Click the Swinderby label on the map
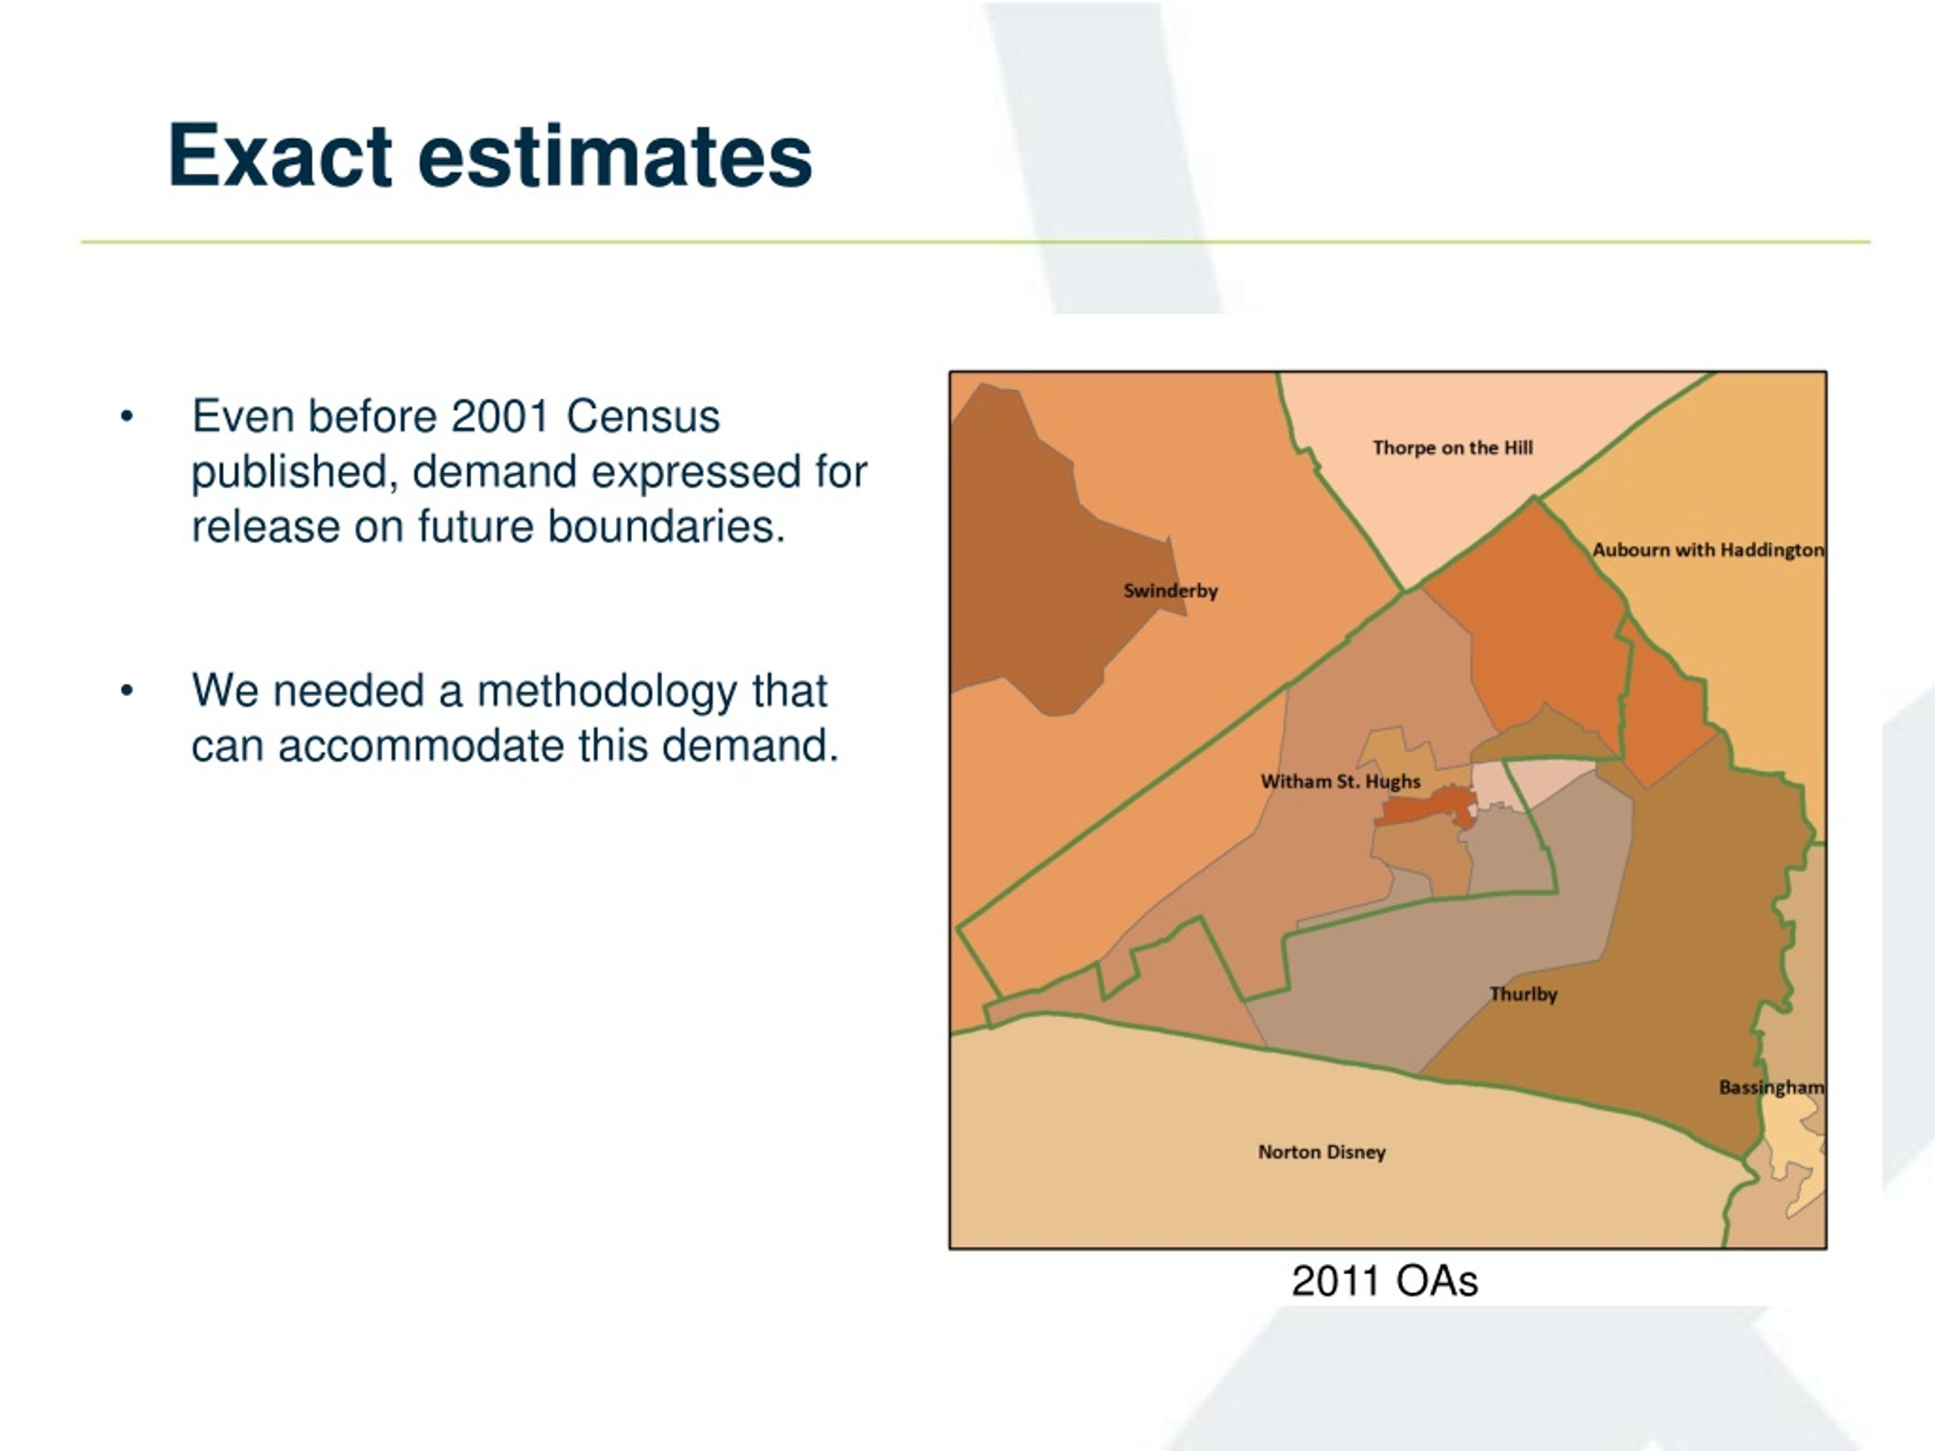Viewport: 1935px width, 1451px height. (x=1170, y=591)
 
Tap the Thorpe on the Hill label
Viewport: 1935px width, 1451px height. (x=1452, y=448)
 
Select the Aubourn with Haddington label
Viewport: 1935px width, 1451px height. (x=1707, y=550)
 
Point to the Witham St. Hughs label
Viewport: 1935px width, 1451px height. (x=1340, y=782)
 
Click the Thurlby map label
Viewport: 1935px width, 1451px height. (x=1523, y=995)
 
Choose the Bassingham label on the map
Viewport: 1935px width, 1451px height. (x=1772, y=1087)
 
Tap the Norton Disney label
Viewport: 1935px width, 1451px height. (x=1322, y=1152)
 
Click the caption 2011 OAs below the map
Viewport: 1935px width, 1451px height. (x=1385, y=1281)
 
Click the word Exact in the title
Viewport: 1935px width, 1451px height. (x=280, y=156)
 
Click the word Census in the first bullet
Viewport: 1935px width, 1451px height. (x=643, y=416)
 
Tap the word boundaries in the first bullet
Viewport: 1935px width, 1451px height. (x=667, y=527)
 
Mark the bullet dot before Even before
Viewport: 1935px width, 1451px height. (x=127, y=416)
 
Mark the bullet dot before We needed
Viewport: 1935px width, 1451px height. (x=127, y=691)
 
